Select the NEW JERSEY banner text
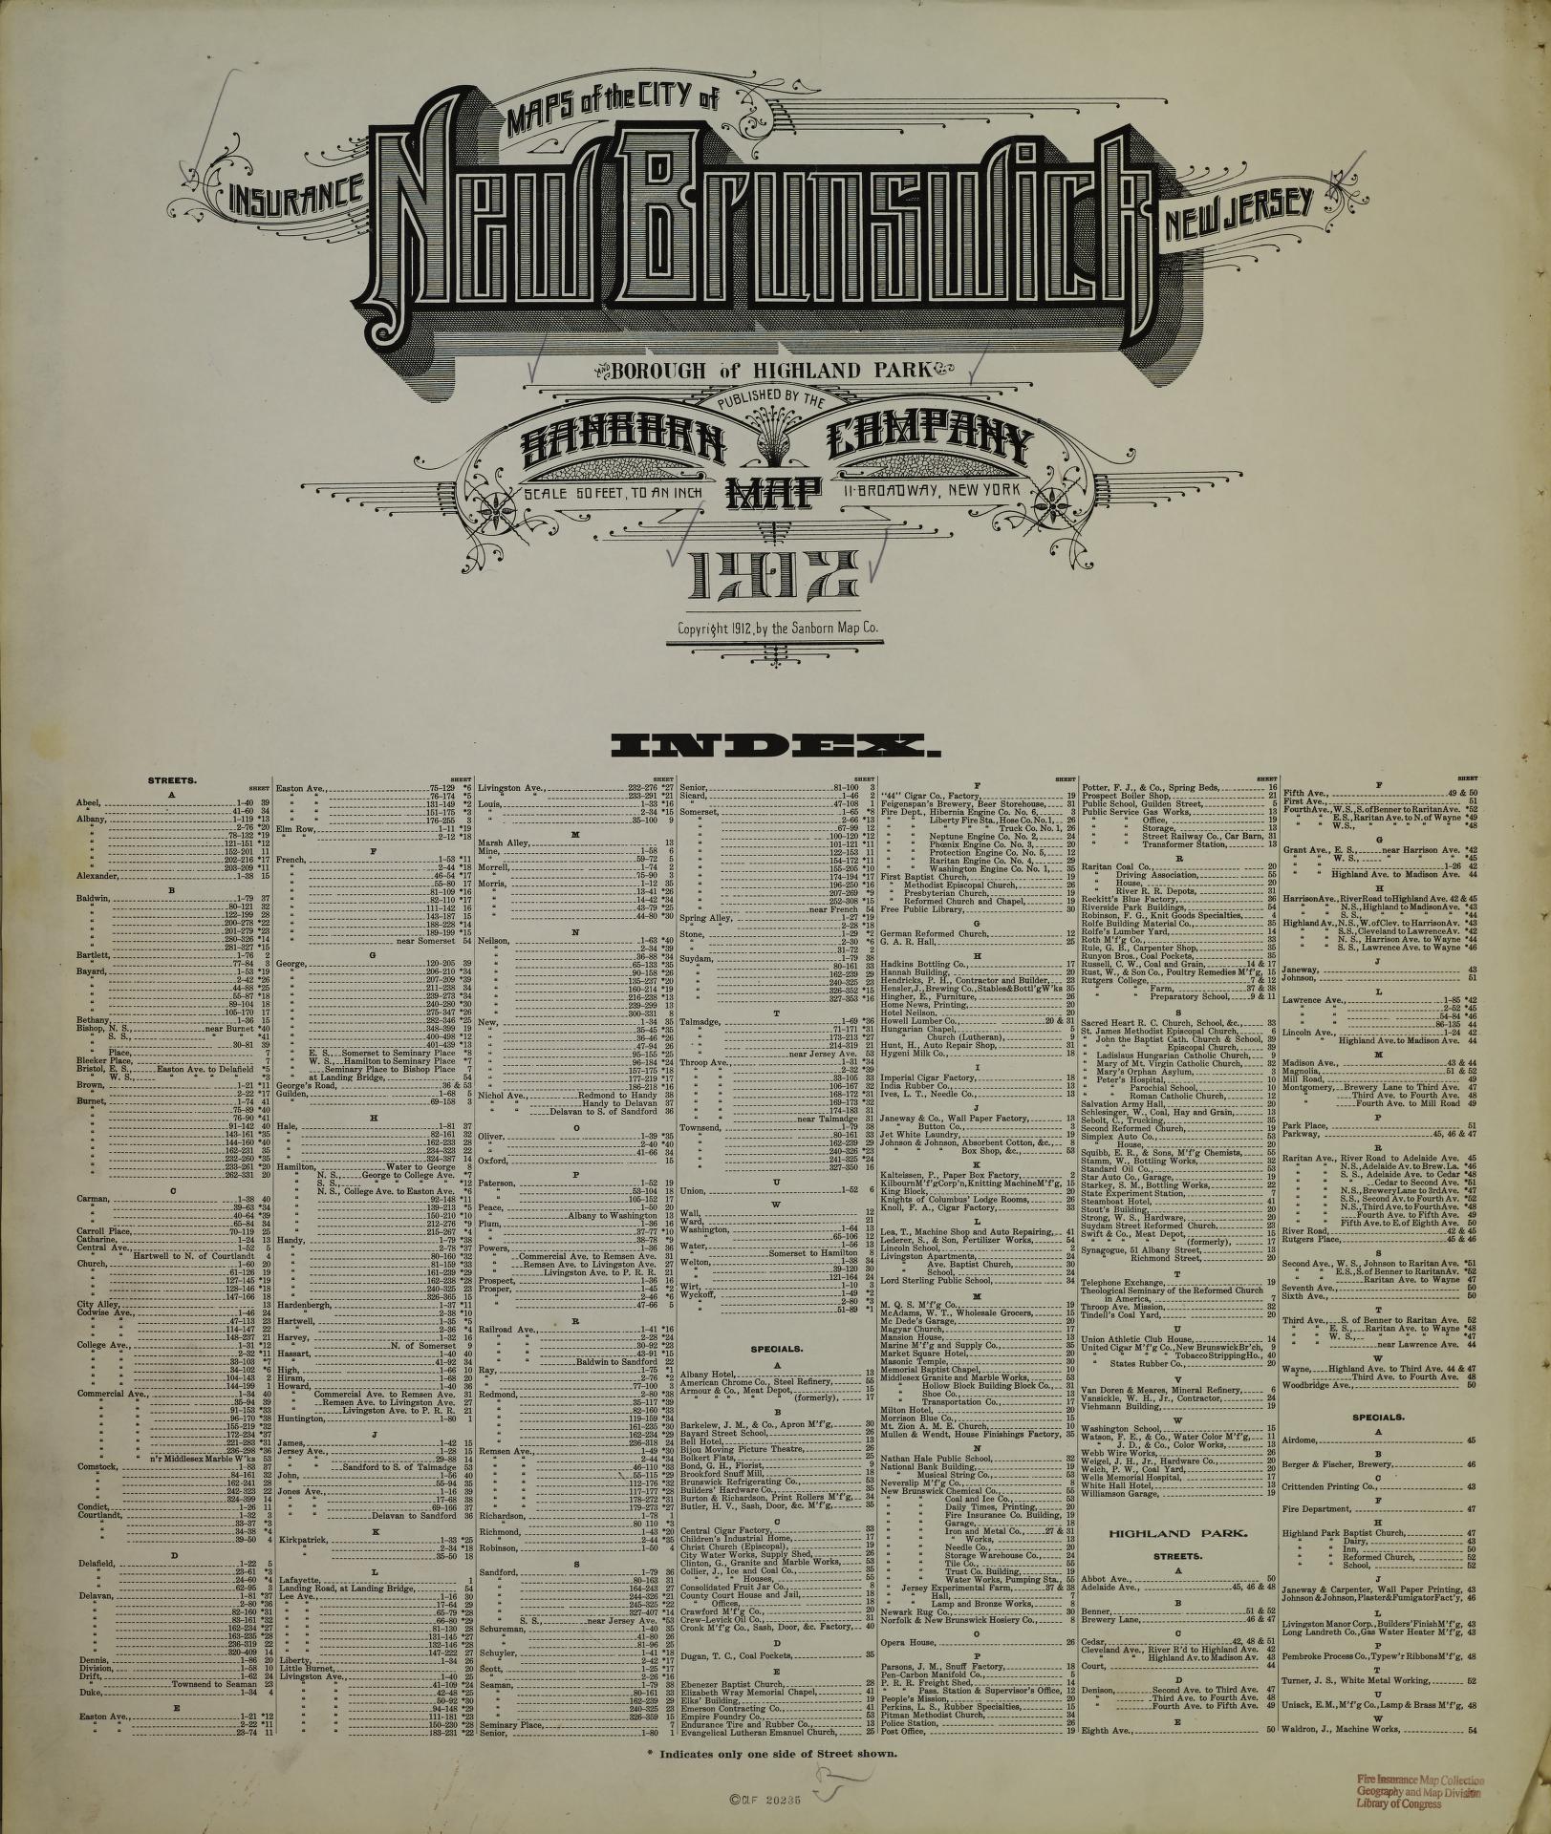click(1240, 203)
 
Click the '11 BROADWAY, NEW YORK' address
click(932, 491)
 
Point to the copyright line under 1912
click(777, 629)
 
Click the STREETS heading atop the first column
click(173, 779)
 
